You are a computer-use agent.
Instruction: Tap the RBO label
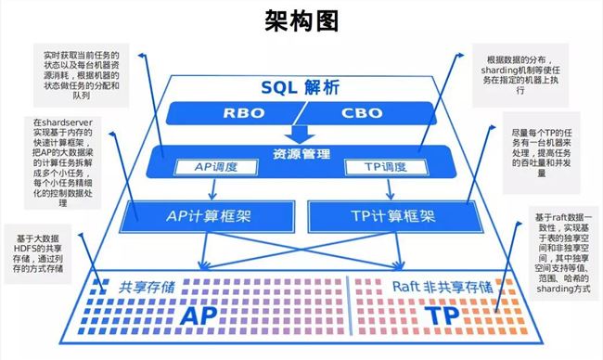click(x=243, y=114)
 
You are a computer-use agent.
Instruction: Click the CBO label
click(x=358, y=114)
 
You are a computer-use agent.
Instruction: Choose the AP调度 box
click(x=215, y=168)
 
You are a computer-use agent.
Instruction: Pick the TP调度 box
click(x=381, y=168)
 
